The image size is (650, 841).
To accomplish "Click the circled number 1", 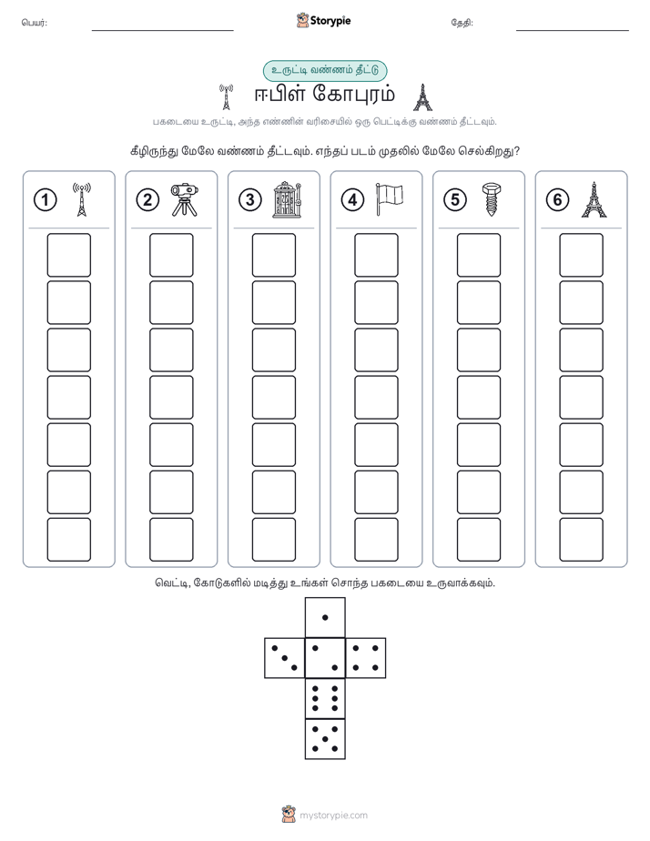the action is tap(45, 200).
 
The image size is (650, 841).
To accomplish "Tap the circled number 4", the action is tap(352, 200).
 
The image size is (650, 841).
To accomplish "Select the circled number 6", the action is tap(557, 200).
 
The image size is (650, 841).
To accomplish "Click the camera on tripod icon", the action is tap(185, 199).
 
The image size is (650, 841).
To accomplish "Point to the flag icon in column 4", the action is tap(390, 199).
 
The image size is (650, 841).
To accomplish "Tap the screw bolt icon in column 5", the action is tap(491, 199).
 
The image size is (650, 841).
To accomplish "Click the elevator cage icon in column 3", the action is tap(287, 199).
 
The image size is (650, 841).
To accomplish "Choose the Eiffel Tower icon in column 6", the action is tap(594, 199).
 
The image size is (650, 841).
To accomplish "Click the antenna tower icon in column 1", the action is tap(82, 199).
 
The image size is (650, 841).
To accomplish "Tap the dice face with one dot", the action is tap(325, 617).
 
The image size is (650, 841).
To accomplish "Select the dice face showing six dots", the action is tap(325, 698).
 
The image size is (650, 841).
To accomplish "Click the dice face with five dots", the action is tap(325, 738).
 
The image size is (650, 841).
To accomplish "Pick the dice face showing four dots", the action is tap(366, 658).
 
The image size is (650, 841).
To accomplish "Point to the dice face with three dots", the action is tap(285, 658).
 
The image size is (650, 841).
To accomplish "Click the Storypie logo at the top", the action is tap(323, 20).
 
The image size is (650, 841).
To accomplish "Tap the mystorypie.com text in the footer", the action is tap(333, 816).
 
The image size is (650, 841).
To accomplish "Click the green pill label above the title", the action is tap(325, 70).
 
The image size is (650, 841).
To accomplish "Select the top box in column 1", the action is tap(68, 255).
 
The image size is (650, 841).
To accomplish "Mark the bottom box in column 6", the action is tap(582, 540).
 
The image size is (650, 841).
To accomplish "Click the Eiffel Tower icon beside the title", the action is tap(422, 97).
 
